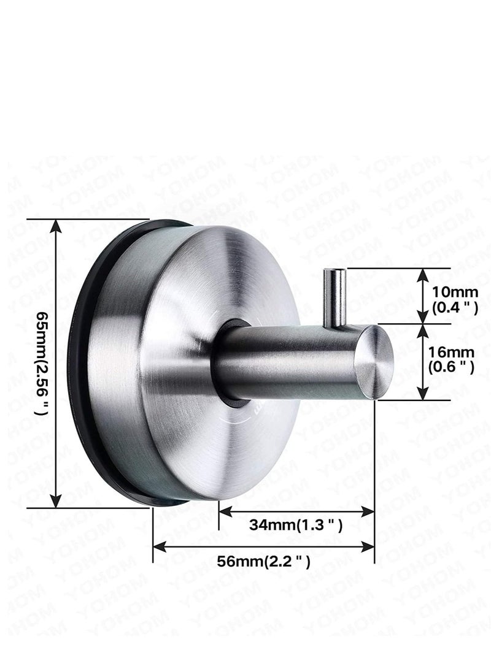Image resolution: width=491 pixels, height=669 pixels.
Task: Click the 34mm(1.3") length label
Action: click(x=295, y=525)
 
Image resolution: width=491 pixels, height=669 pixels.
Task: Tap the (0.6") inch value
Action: click(x=455, y=367)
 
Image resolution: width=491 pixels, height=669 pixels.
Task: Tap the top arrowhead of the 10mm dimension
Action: click(x=423, y=274)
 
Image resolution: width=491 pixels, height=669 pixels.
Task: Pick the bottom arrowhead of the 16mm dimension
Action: click(x=423, y=394)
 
